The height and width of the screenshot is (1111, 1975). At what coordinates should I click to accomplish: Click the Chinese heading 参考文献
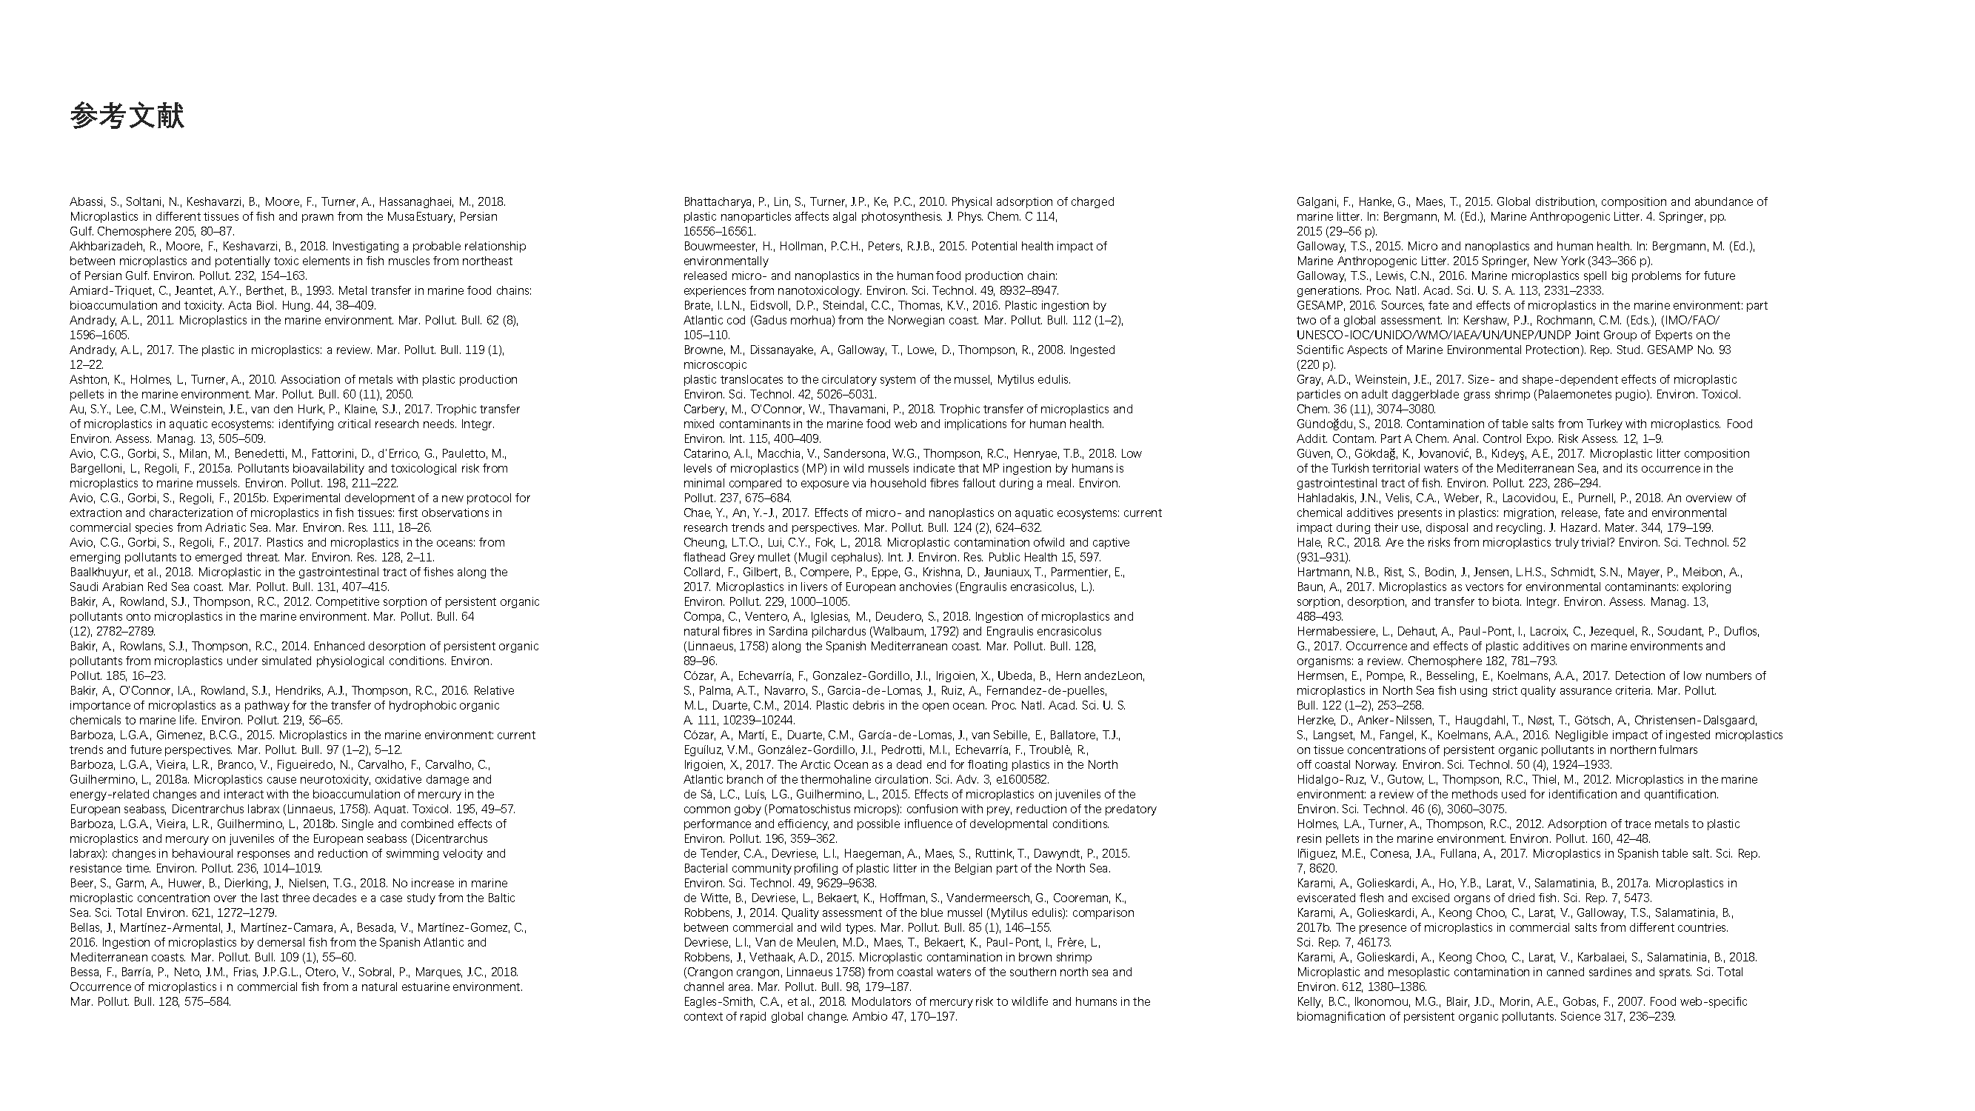(127, 116)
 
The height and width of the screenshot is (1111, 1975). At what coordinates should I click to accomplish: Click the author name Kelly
(1310, 1002)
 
